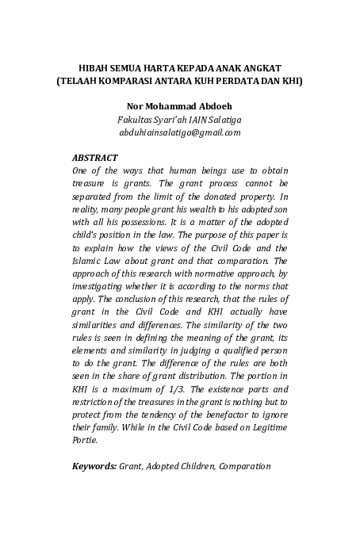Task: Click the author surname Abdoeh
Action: tap(210, 106)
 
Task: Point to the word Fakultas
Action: tap(136, 119)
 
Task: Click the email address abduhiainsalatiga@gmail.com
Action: tap(179, 132)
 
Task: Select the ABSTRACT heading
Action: tap(94, 158)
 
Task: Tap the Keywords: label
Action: tap(94, 465)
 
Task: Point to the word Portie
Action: tap(84, 440)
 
